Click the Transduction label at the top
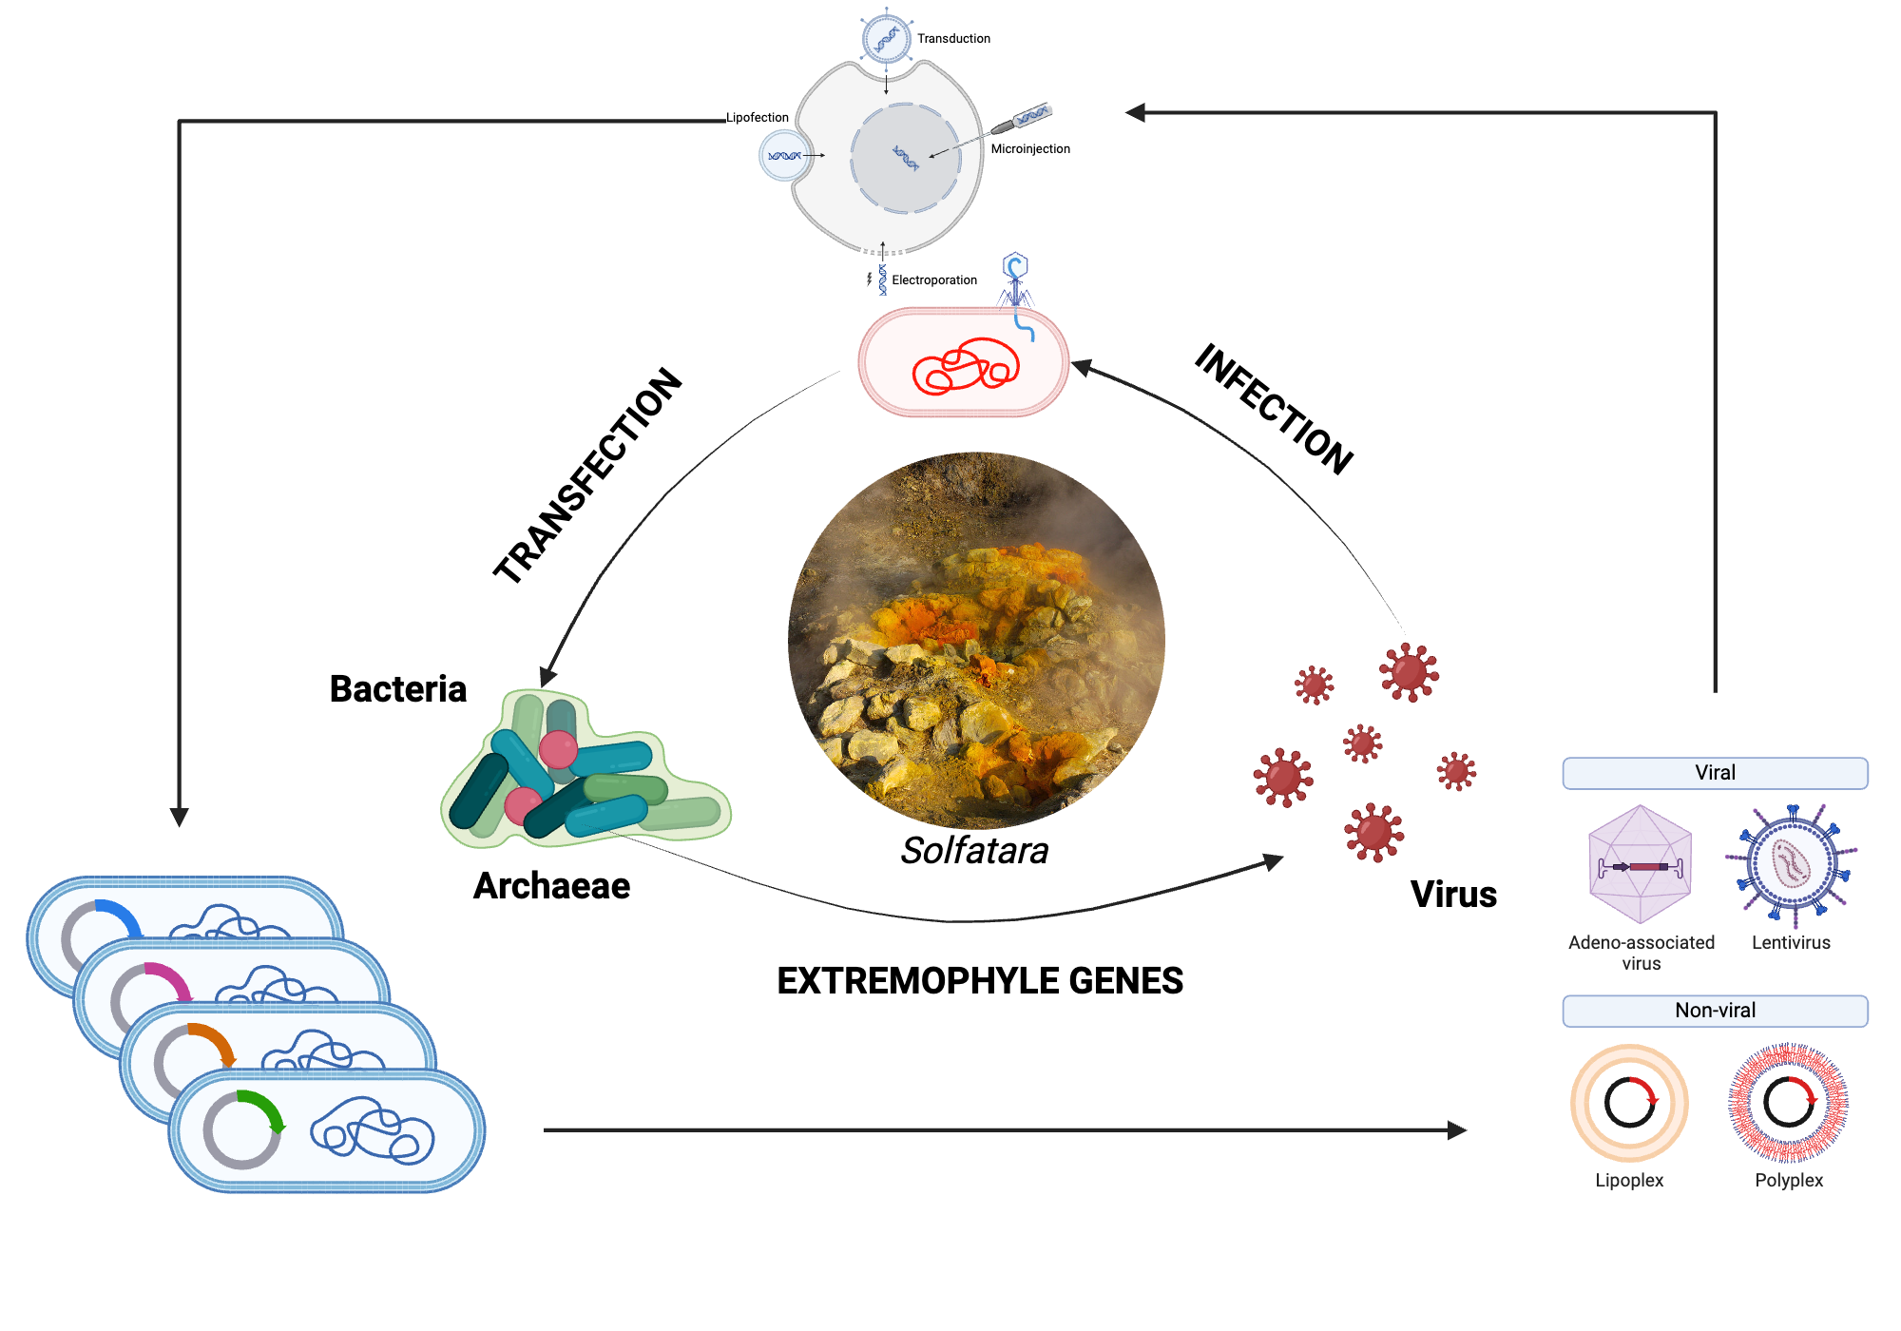[x=953, y=39]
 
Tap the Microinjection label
[x=1030, y=149]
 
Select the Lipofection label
[x=758, y=118]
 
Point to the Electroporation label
[x=934, y=280]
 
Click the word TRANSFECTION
[x=588, y=475]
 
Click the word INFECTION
[x=1274, y=409]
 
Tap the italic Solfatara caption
[x=974, y=851]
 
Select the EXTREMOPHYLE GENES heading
[x=980, y=981]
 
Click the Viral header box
[x=1715, y=773]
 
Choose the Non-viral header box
[x=1715, y=1011]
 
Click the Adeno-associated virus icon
[x=1640, y=865]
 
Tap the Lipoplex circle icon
[x=1629, y=1103]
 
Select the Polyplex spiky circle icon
[x=1788, y=1103]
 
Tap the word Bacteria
[x=397, y=689]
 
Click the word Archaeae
[x=551, y=886]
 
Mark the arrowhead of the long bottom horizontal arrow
[x=1457, y=1130]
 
